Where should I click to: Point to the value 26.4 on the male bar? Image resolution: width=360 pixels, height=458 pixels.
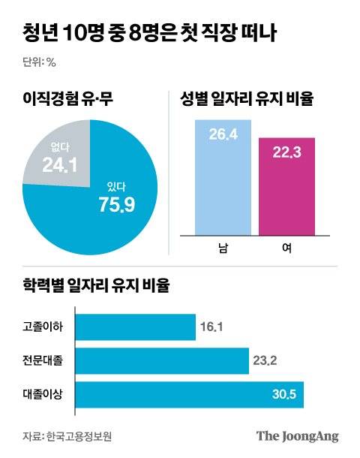(222, 135)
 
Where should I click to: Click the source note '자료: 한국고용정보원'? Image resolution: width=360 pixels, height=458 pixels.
(71, 435)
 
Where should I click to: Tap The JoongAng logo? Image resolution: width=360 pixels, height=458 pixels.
(297, 435)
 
